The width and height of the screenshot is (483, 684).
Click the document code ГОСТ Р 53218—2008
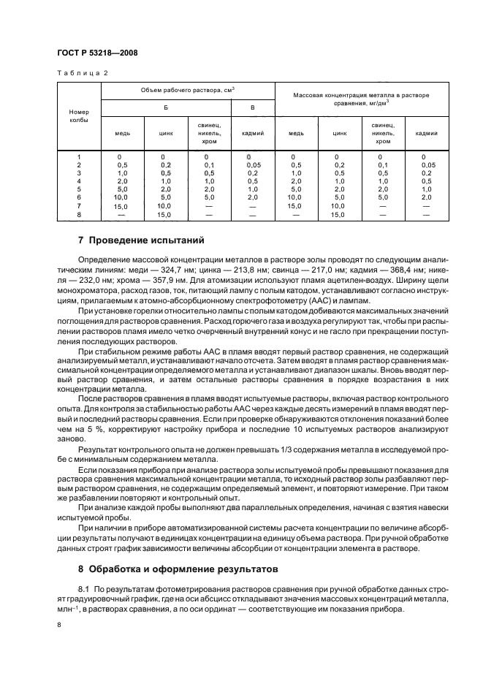tap(97, 53)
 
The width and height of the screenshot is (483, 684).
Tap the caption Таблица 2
tap(82, 73)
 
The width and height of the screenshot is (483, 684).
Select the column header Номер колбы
tap(78, 115)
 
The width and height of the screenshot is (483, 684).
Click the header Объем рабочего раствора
tap(188, 91)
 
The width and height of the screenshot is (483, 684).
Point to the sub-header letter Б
tap(166, 107)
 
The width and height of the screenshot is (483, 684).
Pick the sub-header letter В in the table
tap(253, 107)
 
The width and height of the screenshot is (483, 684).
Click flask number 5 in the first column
tap(78, 189)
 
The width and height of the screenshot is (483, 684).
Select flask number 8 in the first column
tap(78, 215)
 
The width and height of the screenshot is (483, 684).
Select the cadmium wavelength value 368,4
tap(367, 269)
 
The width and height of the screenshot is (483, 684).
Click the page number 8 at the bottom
tap(60, 624)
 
